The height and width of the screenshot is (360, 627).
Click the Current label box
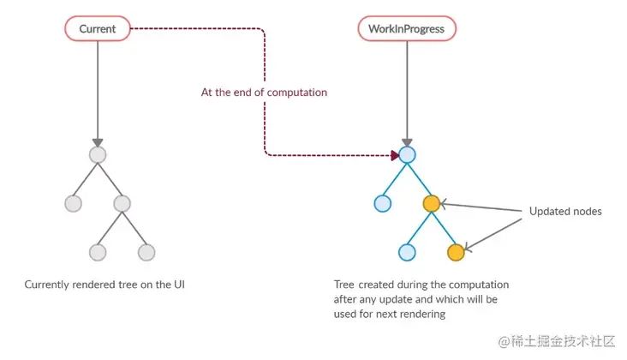coord(97,29)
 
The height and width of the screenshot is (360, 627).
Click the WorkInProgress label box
coord(406,29)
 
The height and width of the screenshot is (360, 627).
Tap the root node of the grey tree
coord(98,155)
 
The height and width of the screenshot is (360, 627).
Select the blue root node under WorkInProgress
coord(407,155)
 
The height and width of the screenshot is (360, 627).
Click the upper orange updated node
coord(431,204)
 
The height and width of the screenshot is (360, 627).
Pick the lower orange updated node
coord(456,252)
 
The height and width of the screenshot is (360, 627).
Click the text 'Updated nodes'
coord(565,211)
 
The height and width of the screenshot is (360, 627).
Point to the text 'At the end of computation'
coord(264,92)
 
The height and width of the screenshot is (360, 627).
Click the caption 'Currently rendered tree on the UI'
coord(104,284)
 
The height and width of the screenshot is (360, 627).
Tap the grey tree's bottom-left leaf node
coord(98,253)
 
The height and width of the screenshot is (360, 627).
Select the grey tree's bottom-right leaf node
coord(146,253)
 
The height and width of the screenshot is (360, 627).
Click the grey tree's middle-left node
coord(73,204)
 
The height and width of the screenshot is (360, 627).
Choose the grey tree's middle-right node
coord(122,204)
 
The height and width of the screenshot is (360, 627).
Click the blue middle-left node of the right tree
coord(382,204)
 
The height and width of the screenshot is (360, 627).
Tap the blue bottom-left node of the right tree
coord(407,253)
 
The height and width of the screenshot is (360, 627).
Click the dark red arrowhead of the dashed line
coord(395,155)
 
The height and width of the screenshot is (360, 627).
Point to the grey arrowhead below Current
coord(98,142)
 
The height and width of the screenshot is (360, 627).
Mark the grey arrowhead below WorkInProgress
coord(407,142)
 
